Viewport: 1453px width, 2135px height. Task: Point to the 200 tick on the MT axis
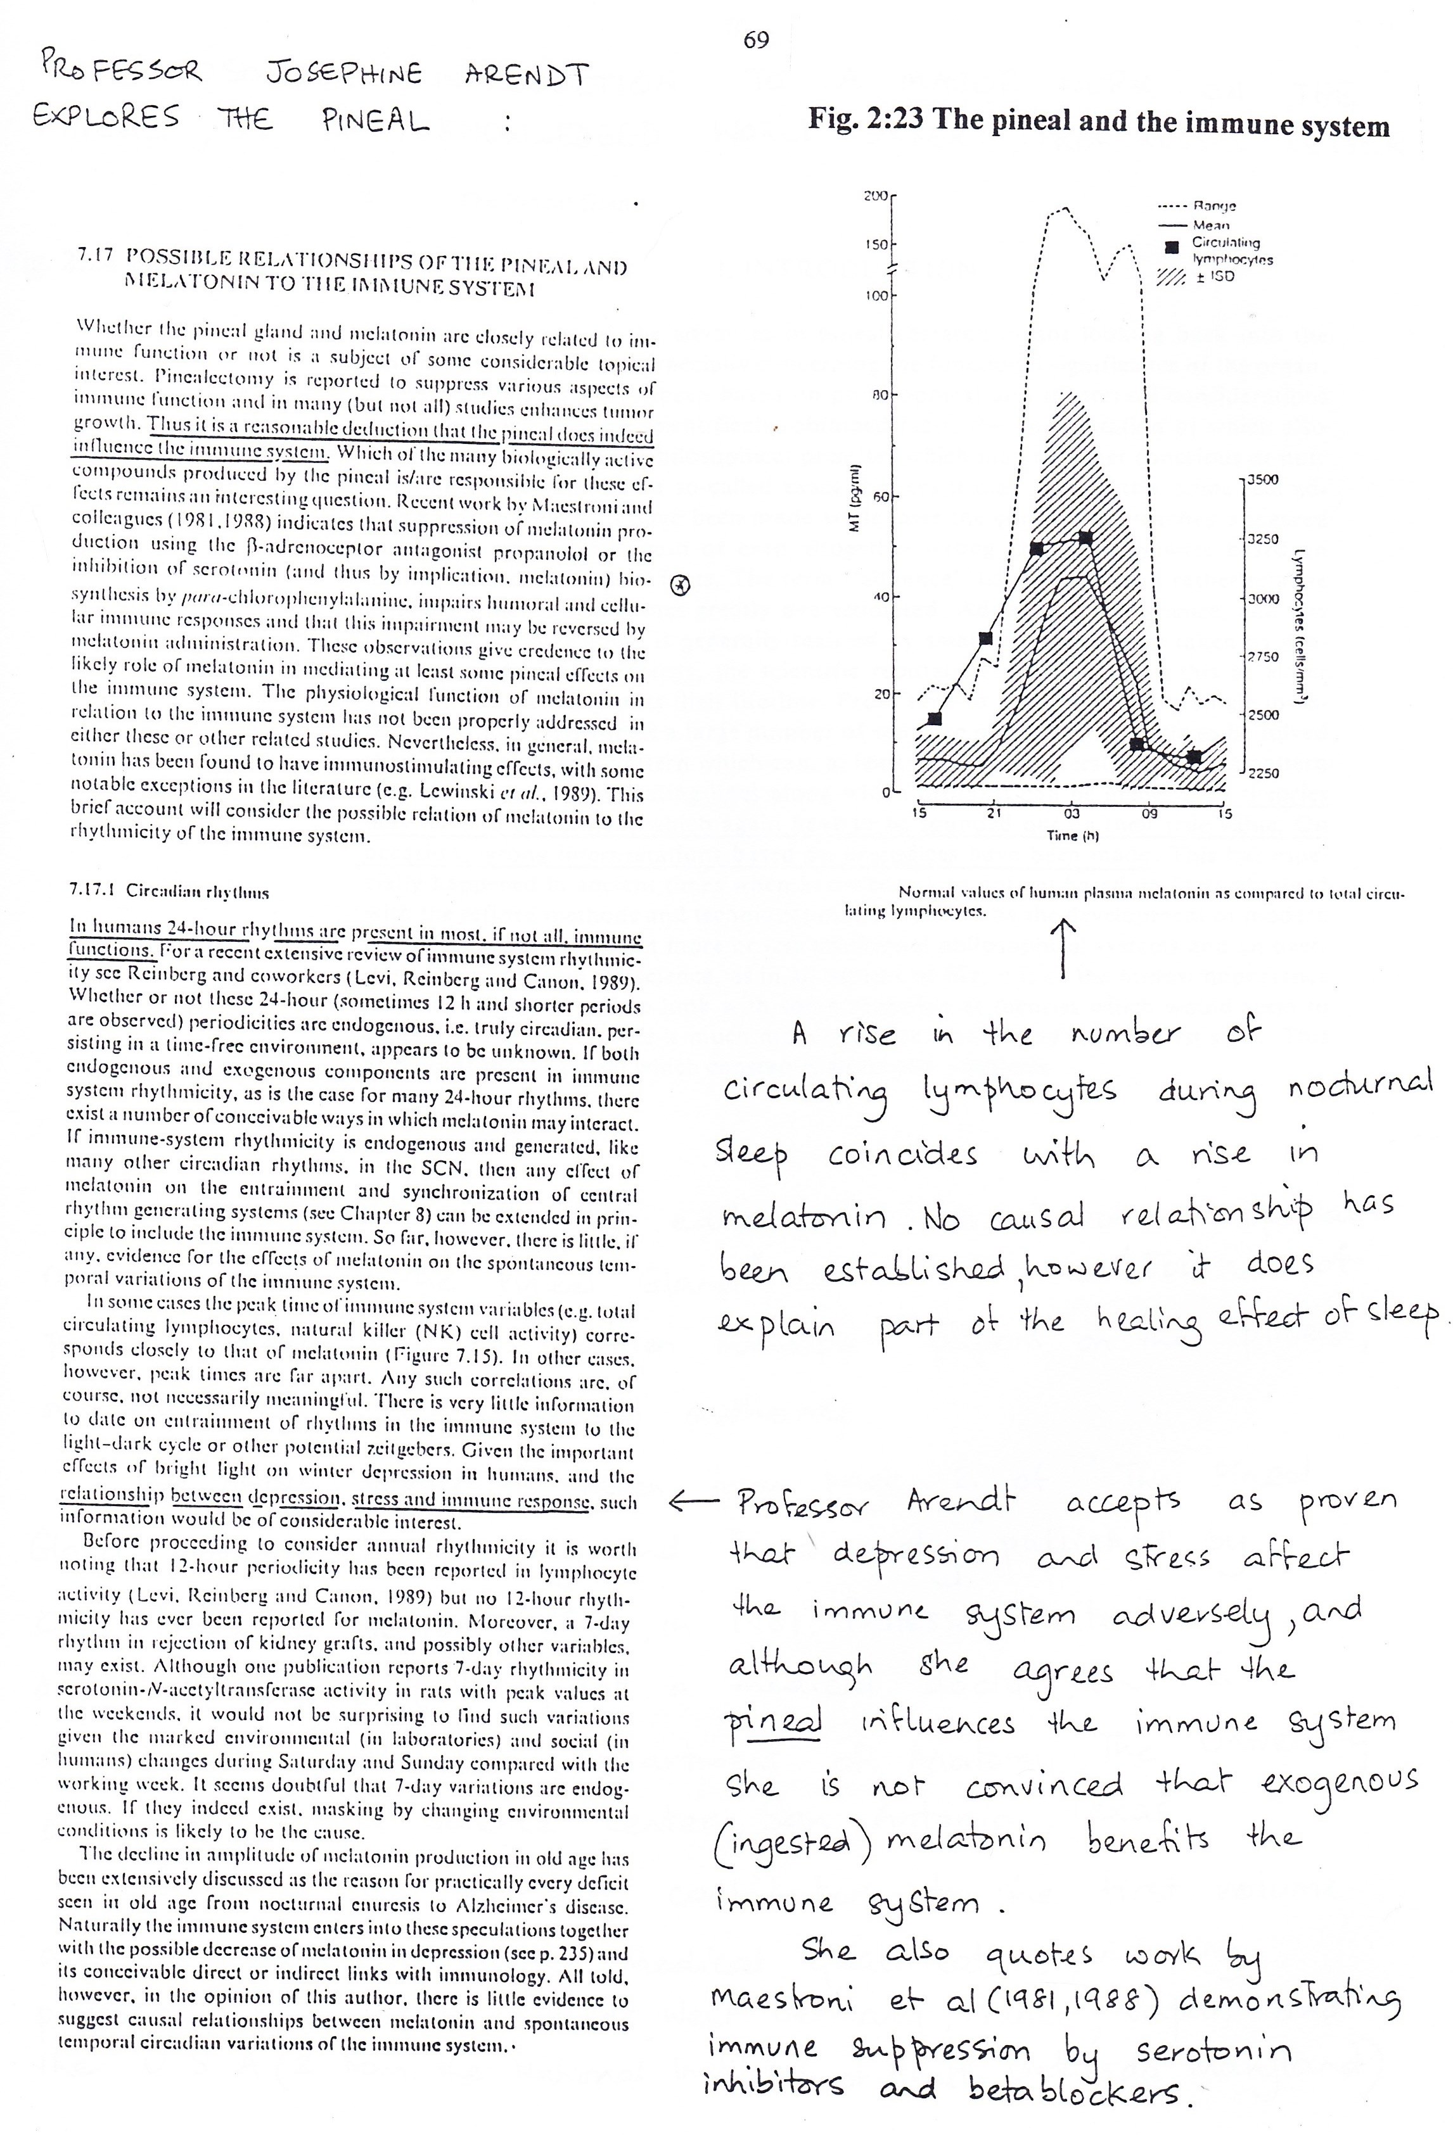(x=876, y=196)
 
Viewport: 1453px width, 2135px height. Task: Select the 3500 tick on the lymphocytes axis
(x=1264, y=479)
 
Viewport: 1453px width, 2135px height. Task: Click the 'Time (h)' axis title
(x=1072, y=836)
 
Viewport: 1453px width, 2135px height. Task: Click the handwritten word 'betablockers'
(x=1080, y=2091)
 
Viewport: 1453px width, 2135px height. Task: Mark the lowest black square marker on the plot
(x=1193, y=757)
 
